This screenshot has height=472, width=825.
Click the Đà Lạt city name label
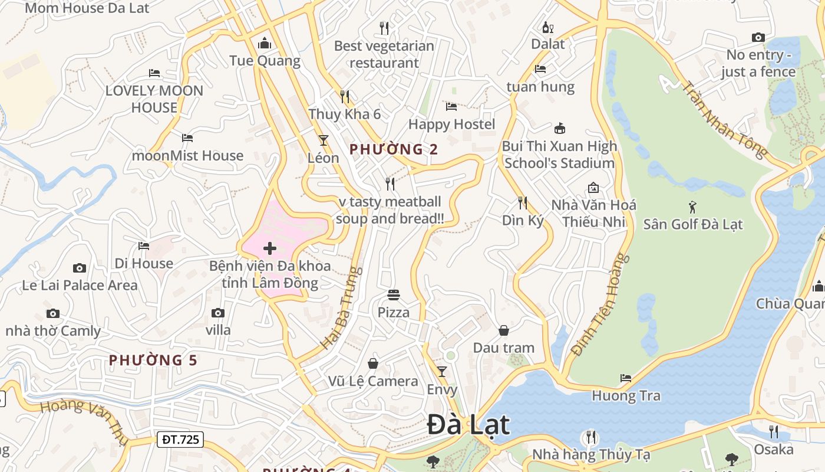click(468, 425)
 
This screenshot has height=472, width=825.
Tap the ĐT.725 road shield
click(180, 439)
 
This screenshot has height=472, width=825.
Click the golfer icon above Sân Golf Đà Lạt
click(692, 207)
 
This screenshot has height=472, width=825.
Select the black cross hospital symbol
click(270, 248)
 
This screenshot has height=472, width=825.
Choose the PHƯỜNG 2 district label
click(394, 149)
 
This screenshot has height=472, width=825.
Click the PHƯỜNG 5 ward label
click(153, 360)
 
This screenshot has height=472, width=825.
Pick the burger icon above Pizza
click(394, 294)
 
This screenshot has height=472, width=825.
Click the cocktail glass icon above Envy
click(442, 372)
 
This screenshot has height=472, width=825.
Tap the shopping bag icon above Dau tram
click(504, 330)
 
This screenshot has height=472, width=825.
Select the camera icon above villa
click(218, 313)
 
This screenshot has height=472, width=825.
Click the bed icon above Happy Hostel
click(451, 107)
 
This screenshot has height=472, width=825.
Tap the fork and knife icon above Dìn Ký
click(523, 203)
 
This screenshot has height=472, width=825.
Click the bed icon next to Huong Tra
click(626, 378)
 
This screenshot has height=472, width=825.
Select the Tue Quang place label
click(265, 61)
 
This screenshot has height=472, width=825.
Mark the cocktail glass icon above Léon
click(323, 140)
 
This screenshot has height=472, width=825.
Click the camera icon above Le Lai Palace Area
click(80, 268)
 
